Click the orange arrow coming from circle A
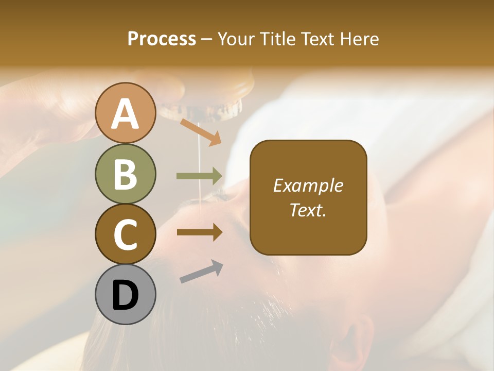201,132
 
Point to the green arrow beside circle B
199,176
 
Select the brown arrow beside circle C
199,232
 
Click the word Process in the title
162,39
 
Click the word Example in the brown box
308,185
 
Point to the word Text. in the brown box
308,210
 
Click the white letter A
125,114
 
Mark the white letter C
125,234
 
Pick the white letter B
125,174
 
